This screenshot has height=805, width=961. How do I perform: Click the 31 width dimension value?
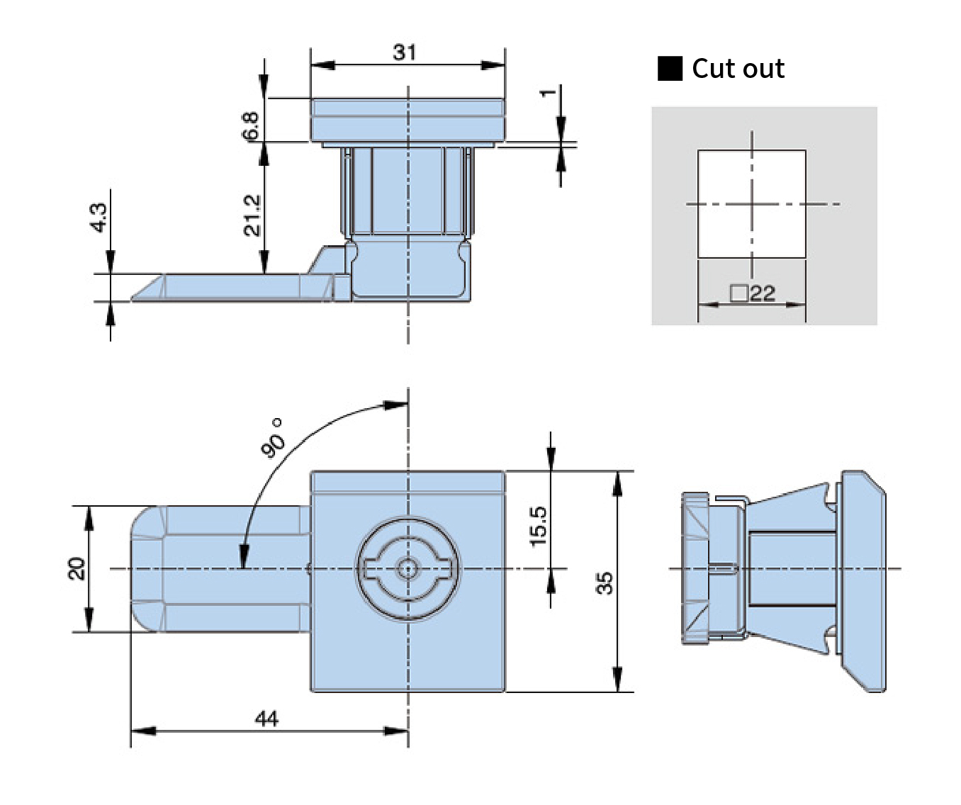point(404,52)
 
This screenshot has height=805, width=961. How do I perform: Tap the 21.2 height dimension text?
point(252,215)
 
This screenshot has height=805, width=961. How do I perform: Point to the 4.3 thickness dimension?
point(98,218)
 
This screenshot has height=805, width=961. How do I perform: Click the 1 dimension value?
point(548,93)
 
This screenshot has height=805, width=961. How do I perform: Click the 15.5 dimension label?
point(539,527)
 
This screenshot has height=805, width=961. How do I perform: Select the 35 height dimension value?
point(605,583)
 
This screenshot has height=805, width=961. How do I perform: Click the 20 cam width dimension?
point(77,568)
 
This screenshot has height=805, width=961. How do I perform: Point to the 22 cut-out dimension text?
point(762,293)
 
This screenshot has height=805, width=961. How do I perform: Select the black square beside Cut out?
point(670,69)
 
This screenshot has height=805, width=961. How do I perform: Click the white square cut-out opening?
point(752,204)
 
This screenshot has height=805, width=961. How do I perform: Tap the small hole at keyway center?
point(407,569)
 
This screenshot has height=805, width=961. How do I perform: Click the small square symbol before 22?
point(739,293)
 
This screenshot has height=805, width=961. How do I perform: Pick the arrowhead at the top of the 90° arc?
point(395,405)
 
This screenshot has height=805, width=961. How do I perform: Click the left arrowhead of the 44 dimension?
point(143,731)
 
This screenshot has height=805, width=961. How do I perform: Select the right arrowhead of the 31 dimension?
point(493,65)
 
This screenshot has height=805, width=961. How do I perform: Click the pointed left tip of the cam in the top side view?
point(133,300)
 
